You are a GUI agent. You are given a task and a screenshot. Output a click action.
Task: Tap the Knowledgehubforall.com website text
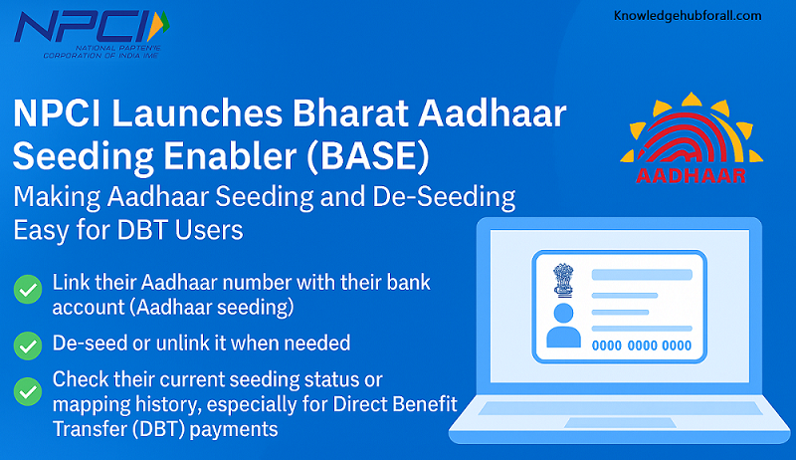pyautogui.click(x=688, y=15)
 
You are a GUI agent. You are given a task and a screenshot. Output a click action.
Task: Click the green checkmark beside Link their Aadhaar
pyautogui.click(x=26, y=291)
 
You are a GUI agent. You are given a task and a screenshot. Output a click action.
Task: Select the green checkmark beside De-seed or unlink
pyautogui.click(x=26, y=345)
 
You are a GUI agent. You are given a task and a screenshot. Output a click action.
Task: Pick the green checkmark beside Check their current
pyautogui.click(x=26, y=389)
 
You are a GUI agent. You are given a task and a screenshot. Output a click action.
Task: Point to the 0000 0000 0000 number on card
pyautogui.click(x=641, y=345)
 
